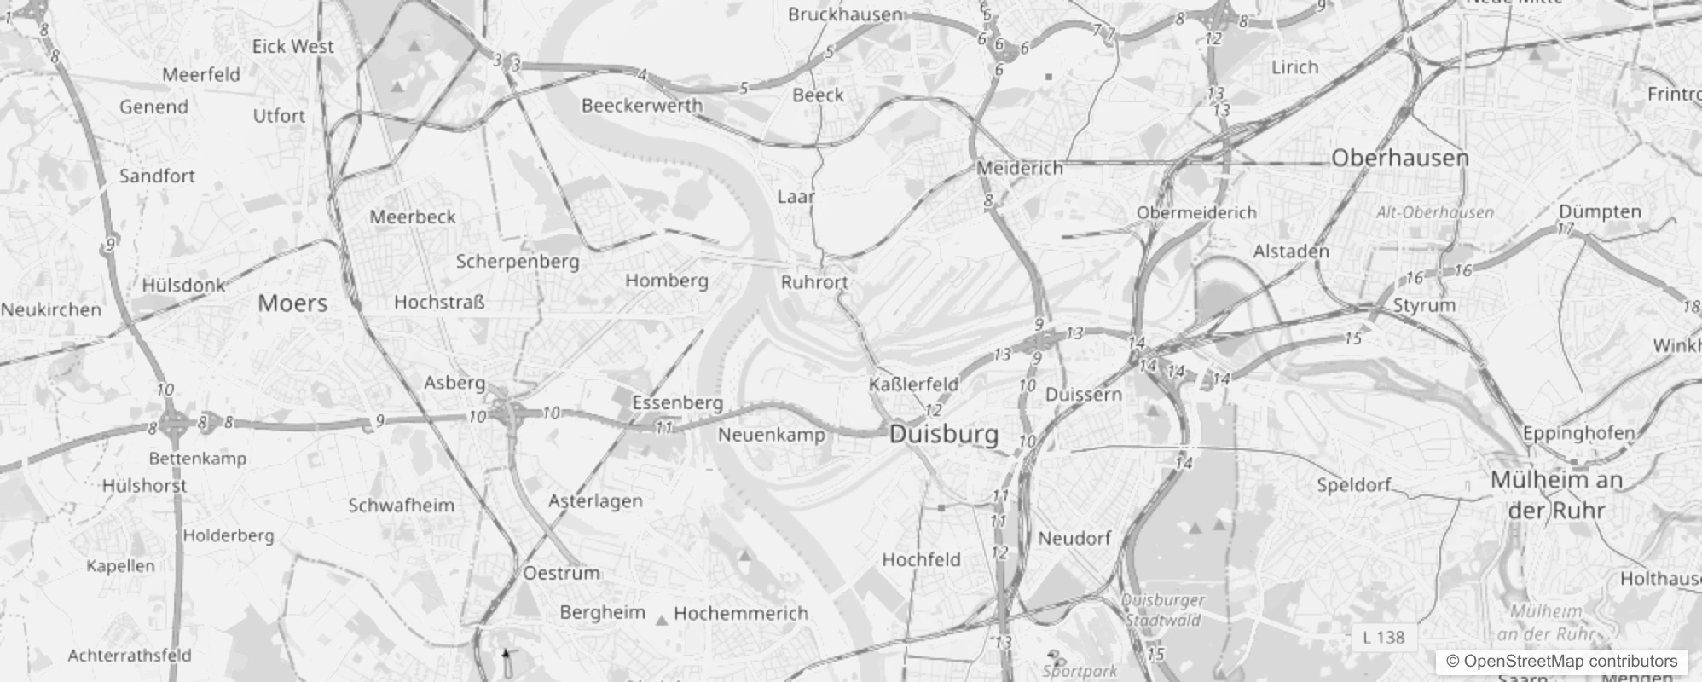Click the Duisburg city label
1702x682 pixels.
pyautogui.click(x=943, y=434)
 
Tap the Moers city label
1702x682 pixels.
pyautogui.click(x=292, y=303)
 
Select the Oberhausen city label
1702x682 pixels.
pyautogui.click(x=1399, y=158)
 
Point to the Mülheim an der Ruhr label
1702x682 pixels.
pyautogui.click(x=1556, y=495)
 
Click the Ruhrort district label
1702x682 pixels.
pyautogui.click(x=814, y=282)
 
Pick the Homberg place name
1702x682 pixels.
pyautogui.click(x=667, y=280)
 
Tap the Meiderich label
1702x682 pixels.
pyautogui.click(x=1020, y=168)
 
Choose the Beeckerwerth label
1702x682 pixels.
pyautogui.click(x=642, y=106)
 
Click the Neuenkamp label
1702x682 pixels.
pyautogui.click(x=772, y=435)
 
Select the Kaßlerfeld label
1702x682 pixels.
pyautogui.click(x=913, y=384)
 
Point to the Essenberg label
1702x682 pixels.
pyautogui.click(x=677, y=402)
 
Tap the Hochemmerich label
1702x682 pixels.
pyautogui.click(x=740, y=613)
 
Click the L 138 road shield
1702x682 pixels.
pyautogui.click(x=1383, y=637)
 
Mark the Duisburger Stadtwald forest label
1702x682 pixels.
pyautogui.click(x=1163, y=610)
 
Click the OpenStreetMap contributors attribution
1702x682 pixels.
pyautogui.click(x=1560, y=661)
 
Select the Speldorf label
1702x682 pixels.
pyautogui.click(x=1353, y=485)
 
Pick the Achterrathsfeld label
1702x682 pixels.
pyautogui.click(x=130, y=656)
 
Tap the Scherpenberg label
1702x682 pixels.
pyautogui.click(x=517, y=262)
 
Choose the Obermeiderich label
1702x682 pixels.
pyautogui.click(x=1196, y=212)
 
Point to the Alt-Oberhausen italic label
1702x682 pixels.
pyautogui.click(x=1434, y=212)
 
